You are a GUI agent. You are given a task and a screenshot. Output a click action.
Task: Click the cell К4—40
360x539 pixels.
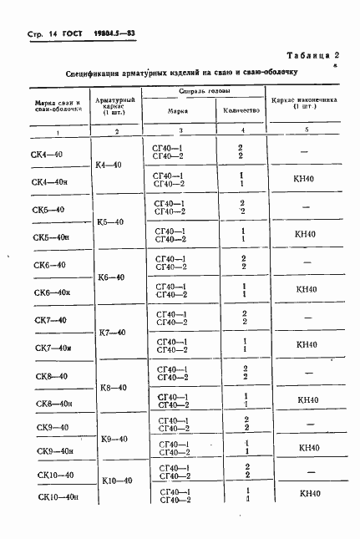click(x=110, y=165)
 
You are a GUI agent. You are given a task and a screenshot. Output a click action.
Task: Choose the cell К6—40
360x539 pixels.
click(x=111, y=277)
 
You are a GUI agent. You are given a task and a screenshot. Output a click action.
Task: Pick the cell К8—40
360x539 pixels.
click(x=111, y=388)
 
